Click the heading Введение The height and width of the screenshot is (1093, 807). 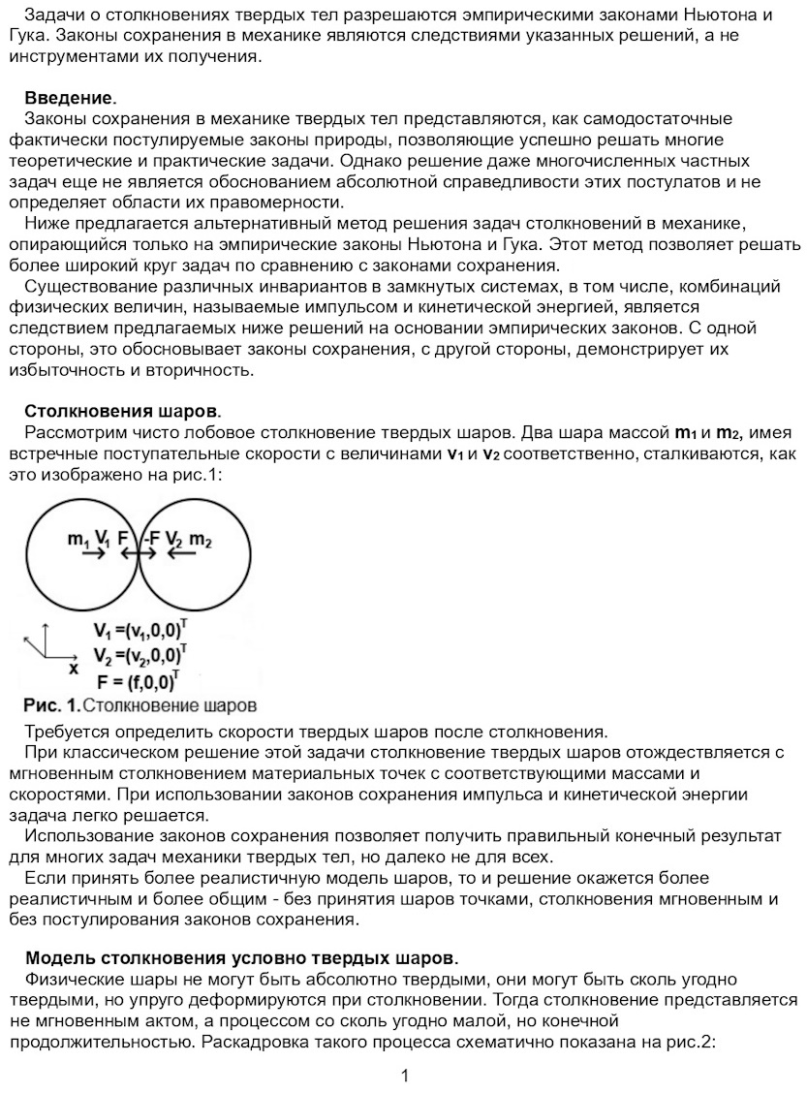(70, 98)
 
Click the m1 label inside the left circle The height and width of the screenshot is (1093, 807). (78, 539)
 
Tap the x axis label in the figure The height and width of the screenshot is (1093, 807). (73, 669)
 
